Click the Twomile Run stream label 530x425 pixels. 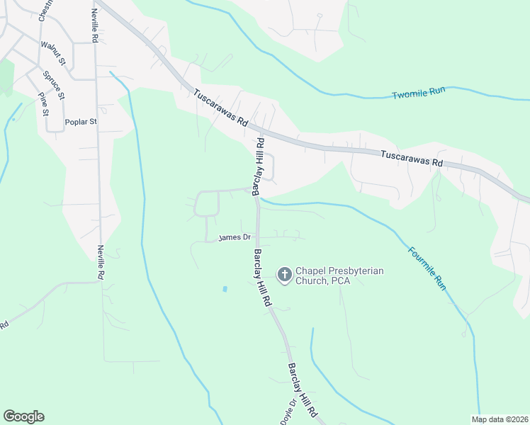(418, 93)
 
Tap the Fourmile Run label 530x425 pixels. (427, 268)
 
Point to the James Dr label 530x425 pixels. (235, 237)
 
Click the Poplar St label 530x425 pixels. (80, 122)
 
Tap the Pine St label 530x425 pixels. (44, 103)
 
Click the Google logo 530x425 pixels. (23, 416)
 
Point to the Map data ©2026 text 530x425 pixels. (500, 419)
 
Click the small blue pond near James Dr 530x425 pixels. (225, 289)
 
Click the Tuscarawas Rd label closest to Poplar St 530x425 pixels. (221, 108)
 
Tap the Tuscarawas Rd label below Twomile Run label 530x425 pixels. (412, 158)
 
